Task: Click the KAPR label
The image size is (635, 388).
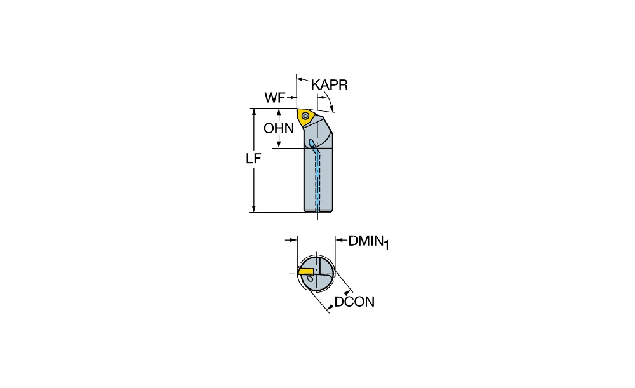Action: coord(329,85)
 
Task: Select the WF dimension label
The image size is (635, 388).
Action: coord(275,98)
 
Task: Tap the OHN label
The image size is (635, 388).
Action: coord(279,128)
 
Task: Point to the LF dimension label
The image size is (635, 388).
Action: coord(253,158)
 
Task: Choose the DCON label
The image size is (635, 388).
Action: coord(354,302)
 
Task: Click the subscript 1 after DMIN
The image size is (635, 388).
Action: coord(386,244)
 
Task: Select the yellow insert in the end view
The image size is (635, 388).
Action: coord(306,271)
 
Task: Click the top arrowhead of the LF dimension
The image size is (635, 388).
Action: coord(254,112)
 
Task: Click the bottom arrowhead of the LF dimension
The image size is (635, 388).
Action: coord(254,208)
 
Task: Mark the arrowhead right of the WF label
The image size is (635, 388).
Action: coord(292,98)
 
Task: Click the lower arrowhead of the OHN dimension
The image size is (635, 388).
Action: coord(279,144)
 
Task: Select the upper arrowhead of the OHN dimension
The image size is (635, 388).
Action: coord(279,112)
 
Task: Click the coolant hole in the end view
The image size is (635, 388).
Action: coord(310,279)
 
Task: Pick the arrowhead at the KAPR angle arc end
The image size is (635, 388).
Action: coord(333,107)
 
